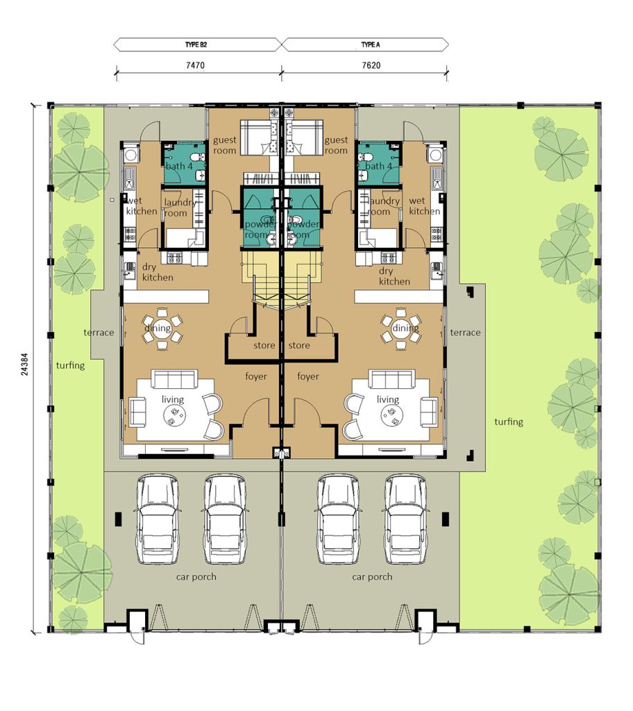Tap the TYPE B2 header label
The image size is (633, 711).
197,44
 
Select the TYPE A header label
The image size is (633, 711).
367,44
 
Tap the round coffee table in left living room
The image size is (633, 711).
172,415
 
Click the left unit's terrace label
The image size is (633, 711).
99,333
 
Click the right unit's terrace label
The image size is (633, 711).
465,333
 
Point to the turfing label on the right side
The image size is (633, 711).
509,421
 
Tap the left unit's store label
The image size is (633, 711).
264,345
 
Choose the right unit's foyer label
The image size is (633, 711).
307,376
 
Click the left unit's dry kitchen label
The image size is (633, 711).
158,271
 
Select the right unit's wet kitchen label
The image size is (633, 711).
424,206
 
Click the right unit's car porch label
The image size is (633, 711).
372,577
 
